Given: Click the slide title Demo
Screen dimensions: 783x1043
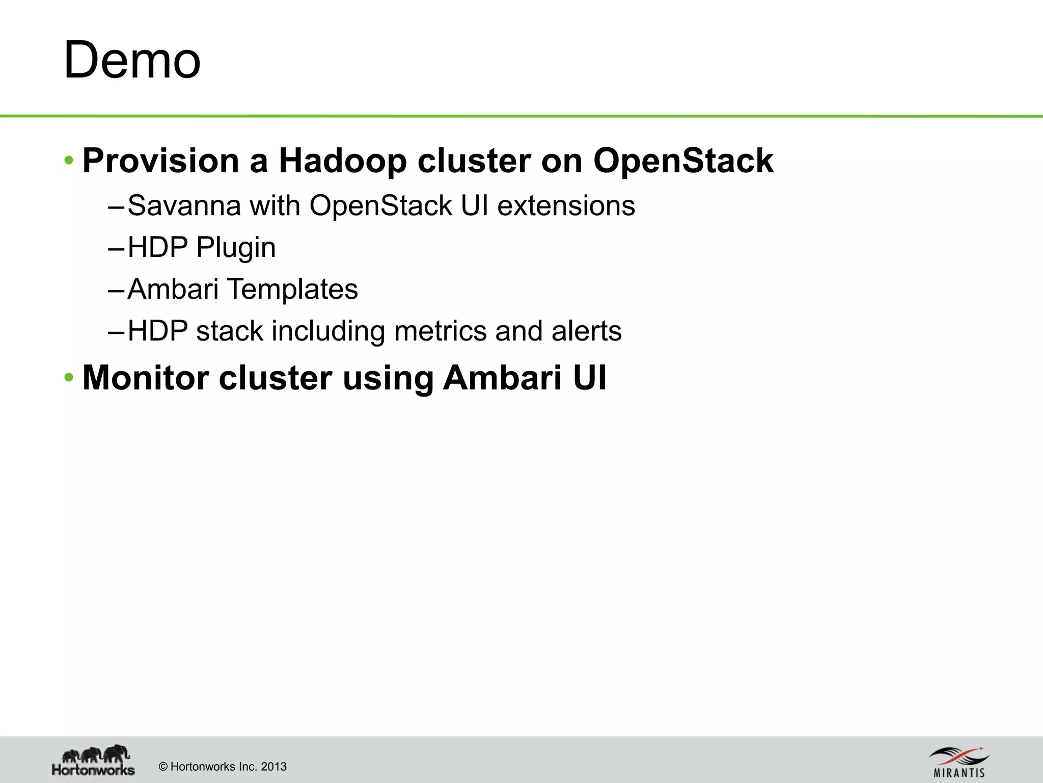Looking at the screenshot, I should coord(132,60).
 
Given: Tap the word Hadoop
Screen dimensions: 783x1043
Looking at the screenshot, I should coord(342,161).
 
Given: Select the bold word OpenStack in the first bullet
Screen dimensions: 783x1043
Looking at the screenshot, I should coord(683,161).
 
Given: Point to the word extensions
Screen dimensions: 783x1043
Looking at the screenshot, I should coord(566,206).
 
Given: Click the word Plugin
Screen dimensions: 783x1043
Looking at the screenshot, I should coord(236,248).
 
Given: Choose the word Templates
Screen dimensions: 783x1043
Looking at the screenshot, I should coord(293,290).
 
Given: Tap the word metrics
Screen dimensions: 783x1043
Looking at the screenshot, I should coord(440,331).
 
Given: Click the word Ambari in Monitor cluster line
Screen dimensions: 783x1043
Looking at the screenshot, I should coord(502,378).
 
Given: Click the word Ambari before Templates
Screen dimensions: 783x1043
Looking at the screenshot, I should coord(173,290).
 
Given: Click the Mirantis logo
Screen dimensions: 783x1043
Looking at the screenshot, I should coord(959,762).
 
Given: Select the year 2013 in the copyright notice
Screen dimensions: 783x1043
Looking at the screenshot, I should coord(273,767).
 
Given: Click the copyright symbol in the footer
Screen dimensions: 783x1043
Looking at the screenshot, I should coord(163,767).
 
